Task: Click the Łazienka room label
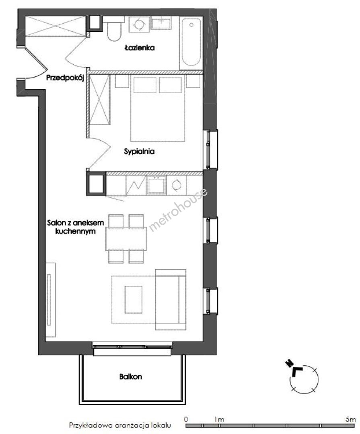tap(140, 48)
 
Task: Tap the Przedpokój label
tap(65, 78)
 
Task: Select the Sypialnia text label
tap(139, 151)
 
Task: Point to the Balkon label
tap(131, 377)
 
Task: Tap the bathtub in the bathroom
tap(191, 43)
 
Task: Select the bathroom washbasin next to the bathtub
tap(161, 23)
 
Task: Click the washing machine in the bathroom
tap(139, 24)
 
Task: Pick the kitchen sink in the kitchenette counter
tap(156, 185)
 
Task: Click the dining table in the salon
tap(126, 239)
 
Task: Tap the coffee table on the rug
tap(134, 299)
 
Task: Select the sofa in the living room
tap(171, 299)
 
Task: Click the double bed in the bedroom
tap(157, 108)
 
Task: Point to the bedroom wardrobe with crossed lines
tap(100, 99)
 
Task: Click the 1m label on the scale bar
tap(219, 419)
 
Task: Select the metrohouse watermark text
tap(178, 209)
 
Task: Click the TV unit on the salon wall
tap(50, 300)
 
